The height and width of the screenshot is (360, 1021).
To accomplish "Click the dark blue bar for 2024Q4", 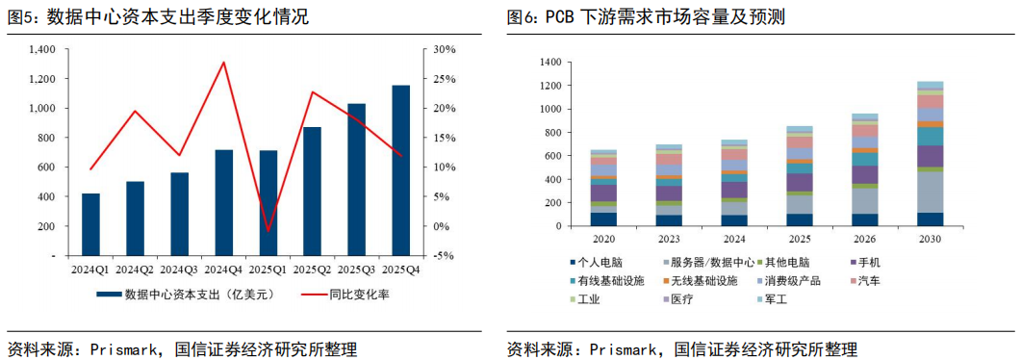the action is [x=224, y=202].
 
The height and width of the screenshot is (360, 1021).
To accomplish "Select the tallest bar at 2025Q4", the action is [x=400, y=170].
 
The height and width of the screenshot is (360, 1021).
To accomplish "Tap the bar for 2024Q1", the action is [x=91, y=224].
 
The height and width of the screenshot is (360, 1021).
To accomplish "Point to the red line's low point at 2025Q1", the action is [x=268, y=231].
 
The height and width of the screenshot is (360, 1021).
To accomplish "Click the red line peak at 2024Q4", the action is [x=224, y=62].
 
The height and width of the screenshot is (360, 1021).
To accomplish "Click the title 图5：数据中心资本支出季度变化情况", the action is [x=158, y=17].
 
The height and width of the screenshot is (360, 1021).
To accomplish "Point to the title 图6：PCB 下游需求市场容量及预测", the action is [x=647, y=17].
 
